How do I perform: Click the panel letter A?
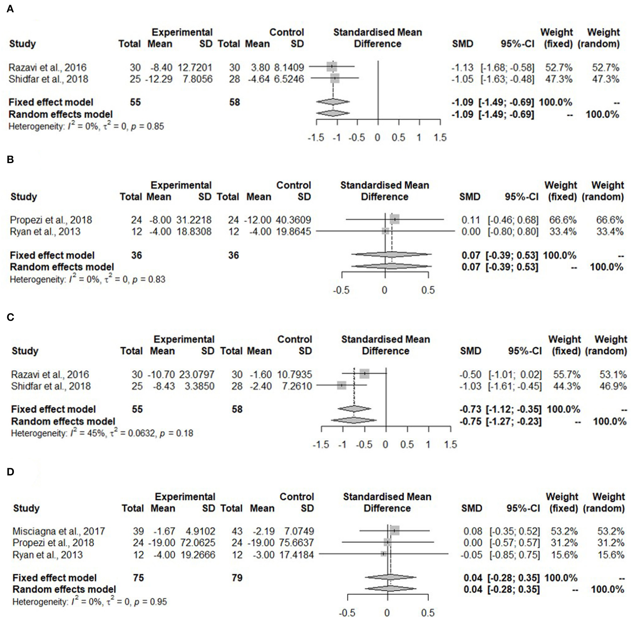point(10,9)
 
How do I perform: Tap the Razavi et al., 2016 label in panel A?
point(48,68)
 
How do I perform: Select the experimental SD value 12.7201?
point(195,68)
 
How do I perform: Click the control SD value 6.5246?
point(289,79)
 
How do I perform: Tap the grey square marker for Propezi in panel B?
point(394,219)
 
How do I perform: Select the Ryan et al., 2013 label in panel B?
point(45,231)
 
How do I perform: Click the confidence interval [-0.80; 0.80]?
point(513,231)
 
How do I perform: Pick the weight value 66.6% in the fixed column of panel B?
point(563,220)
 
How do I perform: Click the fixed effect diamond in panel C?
point(354,409)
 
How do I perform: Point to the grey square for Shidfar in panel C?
point(341,385)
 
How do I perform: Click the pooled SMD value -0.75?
point(471,421)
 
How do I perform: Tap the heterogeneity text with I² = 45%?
point(102,433)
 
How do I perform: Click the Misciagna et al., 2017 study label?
point(59,531)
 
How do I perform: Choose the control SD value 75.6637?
point(297,542)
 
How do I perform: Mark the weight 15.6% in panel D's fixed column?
point(564,555)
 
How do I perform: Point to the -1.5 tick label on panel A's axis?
point(316,138)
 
